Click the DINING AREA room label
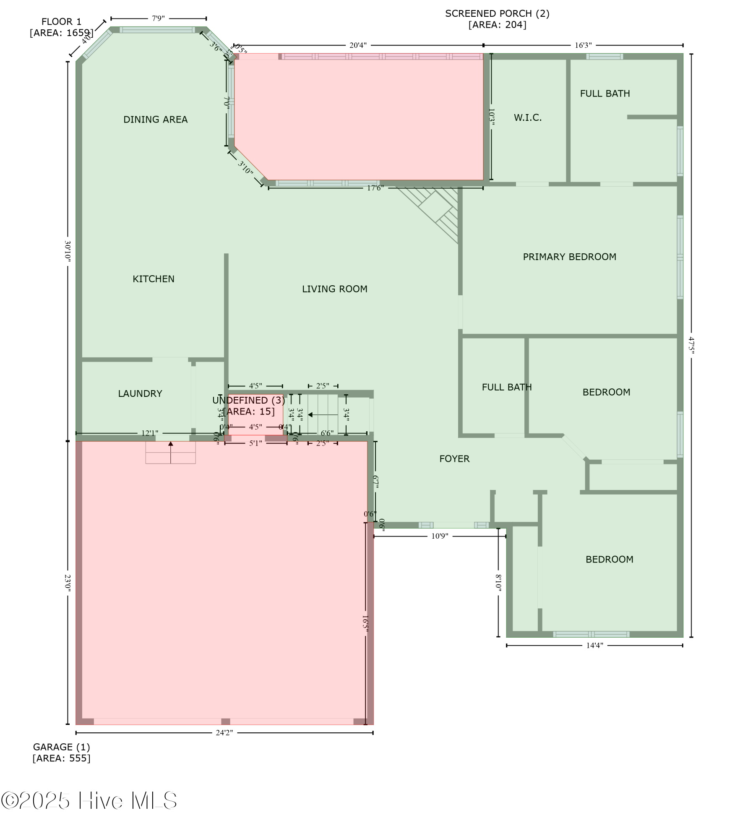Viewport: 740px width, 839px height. tap(155, 120)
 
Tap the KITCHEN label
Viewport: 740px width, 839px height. tap(153, 279)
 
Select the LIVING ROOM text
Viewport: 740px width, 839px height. tap(334, 289)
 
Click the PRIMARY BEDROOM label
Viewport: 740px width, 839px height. tap(569, 257)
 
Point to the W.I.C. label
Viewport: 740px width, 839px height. tap(527, 118)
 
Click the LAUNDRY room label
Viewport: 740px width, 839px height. tap(140, 393)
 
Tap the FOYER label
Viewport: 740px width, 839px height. tap(454, 459)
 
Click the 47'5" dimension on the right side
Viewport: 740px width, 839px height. tap(691, 345)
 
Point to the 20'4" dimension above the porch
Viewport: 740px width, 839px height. tap(358, 45)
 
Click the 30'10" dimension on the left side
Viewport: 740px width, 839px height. tap(68, 251)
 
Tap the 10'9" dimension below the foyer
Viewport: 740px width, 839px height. tap(439, 536)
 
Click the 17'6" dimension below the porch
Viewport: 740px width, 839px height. tap(375, 188)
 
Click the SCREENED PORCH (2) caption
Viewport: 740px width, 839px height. tap(497, 19)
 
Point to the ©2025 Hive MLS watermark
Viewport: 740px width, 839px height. tap(89, 800)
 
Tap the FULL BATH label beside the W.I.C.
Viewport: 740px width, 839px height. tap(605, 94)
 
